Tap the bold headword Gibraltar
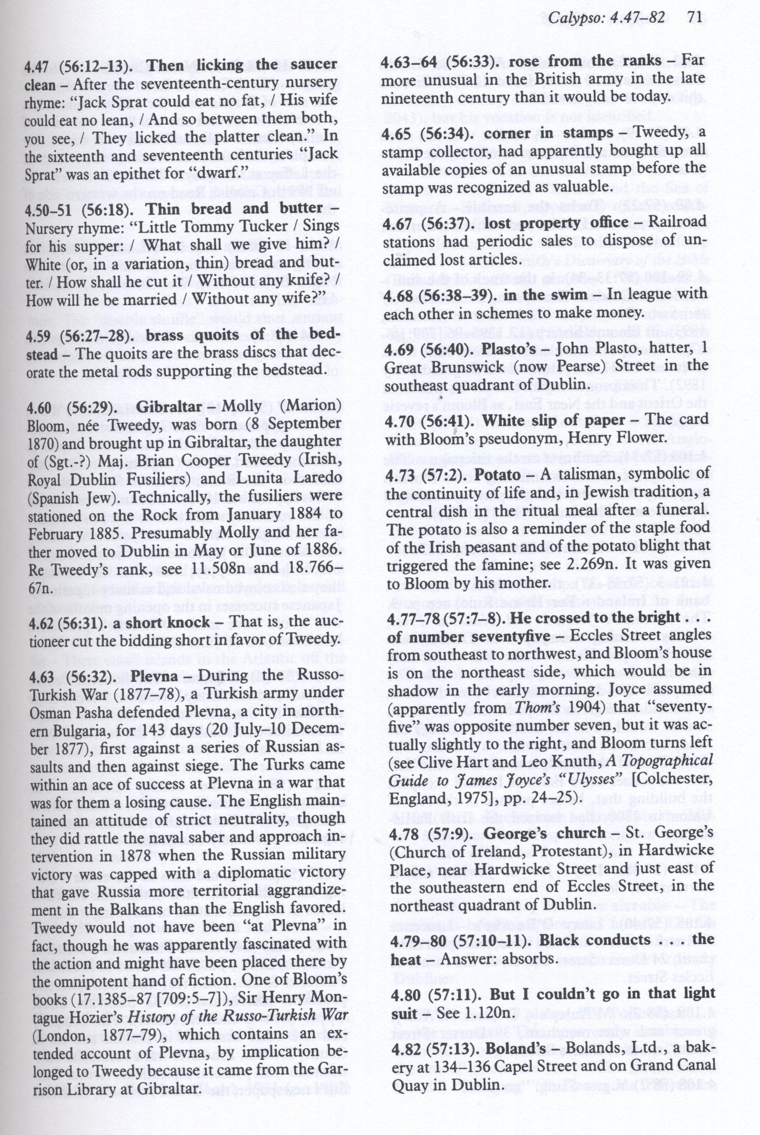(169, 406)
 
